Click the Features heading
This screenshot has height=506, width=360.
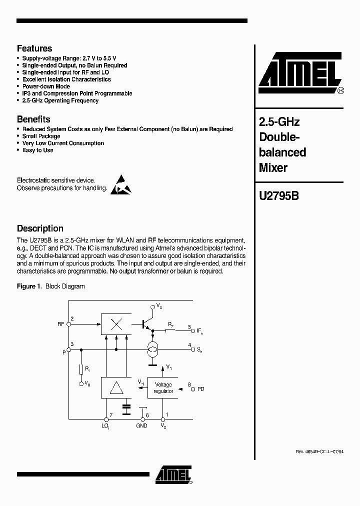pos(34,48)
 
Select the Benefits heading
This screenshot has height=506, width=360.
pos(33,119)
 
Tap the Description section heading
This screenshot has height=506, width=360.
pos(40,228)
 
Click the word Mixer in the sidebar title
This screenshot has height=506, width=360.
pos(273,168)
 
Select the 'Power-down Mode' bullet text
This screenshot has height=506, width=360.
pos(46,86)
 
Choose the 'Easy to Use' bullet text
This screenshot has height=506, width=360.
pos(37,150)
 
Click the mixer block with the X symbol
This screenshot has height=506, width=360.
pos(116,324)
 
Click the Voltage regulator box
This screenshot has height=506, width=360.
pos(163,388)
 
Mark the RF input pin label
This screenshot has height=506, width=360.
pos(61,324)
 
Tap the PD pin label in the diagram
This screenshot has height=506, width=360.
pos(201,388)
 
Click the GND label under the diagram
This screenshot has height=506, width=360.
pos(141,425)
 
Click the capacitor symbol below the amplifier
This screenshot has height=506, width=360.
pos(126,408)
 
